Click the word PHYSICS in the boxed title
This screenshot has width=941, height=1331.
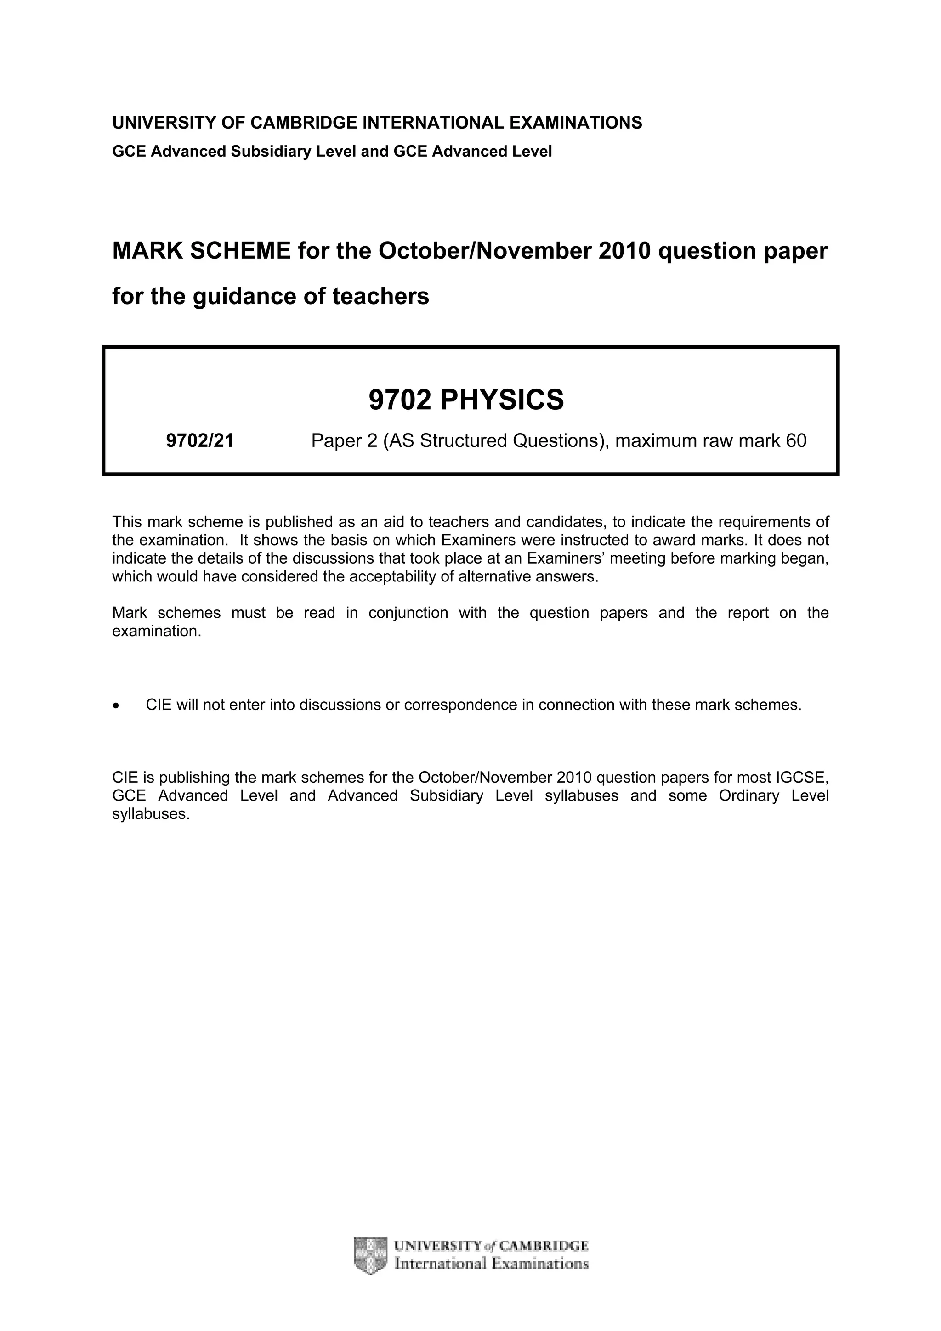click(x=502, y=400)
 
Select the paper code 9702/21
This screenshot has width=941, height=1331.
click(x=199, y=441)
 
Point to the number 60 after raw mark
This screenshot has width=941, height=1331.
click(x=796, y=441)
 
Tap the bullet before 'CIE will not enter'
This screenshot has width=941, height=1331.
click(x=117, y=705)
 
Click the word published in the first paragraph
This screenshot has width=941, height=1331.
click(x=300, y=522)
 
